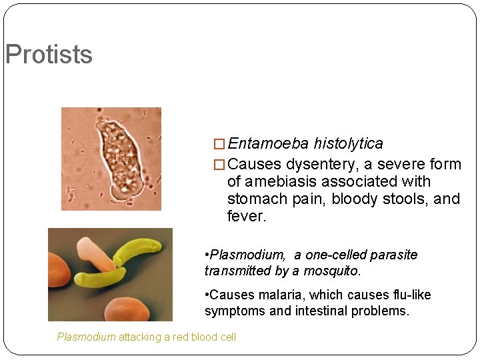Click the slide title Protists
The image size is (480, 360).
49,55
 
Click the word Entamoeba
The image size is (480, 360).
268,143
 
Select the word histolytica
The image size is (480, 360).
348,143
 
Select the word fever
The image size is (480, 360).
246,216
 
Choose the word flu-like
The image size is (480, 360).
409,295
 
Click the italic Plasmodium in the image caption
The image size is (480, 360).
86,337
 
